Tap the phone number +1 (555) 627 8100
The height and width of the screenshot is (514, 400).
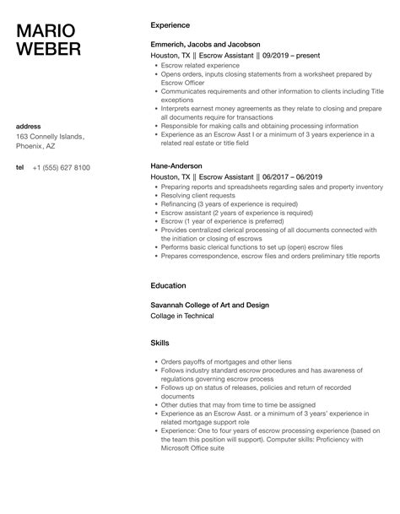[61, 167]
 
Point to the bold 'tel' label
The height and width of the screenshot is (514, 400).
[19, 167]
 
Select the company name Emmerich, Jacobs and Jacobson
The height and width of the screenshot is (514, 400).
[205, 44]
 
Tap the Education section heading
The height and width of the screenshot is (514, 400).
[169, 285]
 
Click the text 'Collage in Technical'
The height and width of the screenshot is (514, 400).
[182, 316]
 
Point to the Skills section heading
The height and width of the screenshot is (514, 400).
[159, 344]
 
